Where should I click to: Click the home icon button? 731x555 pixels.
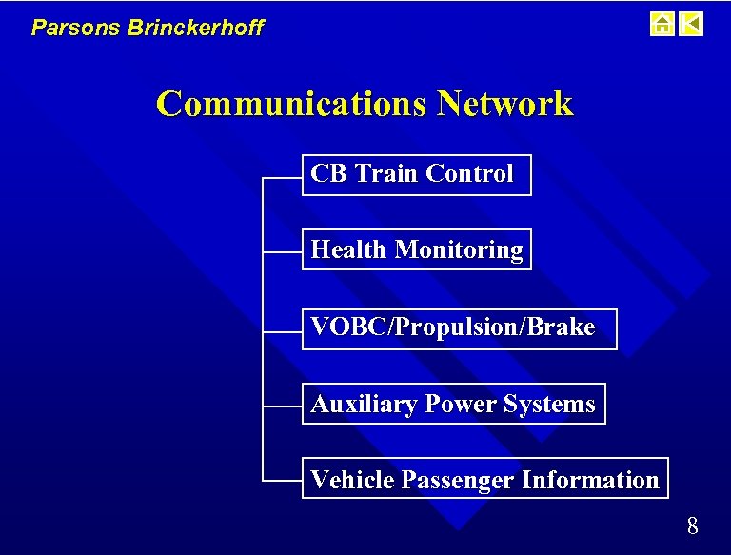pos(662,24)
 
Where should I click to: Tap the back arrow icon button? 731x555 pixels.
pos(692,24)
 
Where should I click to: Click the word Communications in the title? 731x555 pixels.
pos(292,104)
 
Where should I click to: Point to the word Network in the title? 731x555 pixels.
pos(504,104)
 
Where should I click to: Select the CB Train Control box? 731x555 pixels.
pos(416,175)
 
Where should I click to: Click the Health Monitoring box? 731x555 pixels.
pos(416,250)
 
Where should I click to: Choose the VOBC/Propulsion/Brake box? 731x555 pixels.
pos(459,328)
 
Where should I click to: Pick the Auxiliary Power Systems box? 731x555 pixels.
pos(453,405)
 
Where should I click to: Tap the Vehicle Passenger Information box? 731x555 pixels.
pos(484,479)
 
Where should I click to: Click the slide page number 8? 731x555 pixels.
pos(692,525)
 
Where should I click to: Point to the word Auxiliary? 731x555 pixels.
pos(365,405)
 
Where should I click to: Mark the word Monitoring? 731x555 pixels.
pos(459,250)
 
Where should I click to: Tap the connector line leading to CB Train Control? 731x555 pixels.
pos(282,177)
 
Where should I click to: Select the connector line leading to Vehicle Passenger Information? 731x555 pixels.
pos(282,481)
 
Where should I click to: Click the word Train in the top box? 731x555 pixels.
pos(386,174)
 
